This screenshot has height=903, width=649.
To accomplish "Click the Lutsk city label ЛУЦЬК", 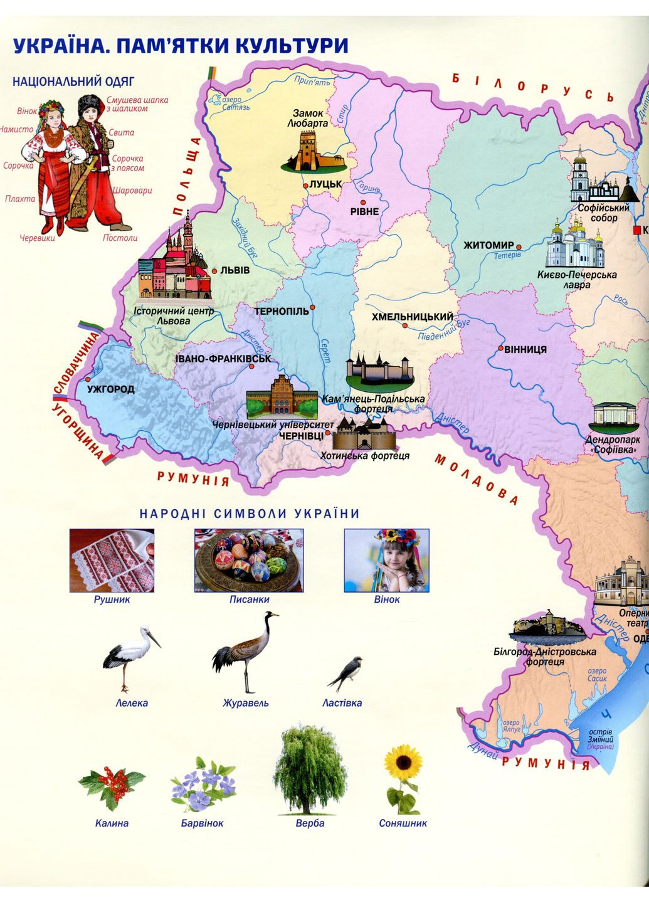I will pyautogui.click(x=325, y=184).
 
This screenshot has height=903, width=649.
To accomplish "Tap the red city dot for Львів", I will pyautogui.click(x=214, y=271).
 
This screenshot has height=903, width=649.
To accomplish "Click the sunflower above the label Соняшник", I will pyautogui.click(x=402, y=778).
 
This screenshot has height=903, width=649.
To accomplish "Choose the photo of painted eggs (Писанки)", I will pyautogui.click(x=249, y=560).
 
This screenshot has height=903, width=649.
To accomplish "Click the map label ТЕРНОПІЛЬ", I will pyautogui.click(x=282, y=311).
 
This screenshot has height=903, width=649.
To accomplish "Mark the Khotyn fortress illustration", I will pyautogui.click(x=363, y=433).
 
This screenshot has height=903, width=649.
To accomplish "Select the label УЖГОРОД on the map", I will pyautogui.click(x=110, y=389).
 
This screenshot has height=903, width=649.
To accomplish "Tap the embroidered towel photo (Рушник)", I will pyautogui.click(x=112, y=560).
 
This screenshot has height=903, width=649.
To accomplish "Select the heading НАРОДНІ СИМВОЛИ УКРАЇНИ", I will pyautogui.click(x=250, y=514).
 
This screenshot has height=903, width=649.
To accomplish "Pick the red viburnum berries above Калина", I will pyautogui.click(x=112, y=787).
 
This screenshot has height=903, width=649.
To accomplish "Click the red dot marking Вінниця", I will pyautogui.click(x=500, y=348).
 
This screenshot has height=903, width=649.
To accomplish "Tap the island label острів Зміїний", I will pyautogui.click(x=600, y=736).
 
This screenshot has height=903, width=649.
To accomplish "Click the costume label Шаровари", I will pyautogui.click(x=132, y=191).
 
